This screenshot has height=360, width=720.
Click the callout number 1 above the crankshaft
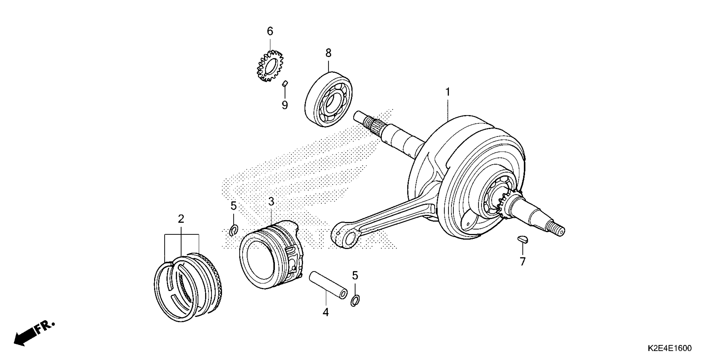pyautogui.click(x=448, y=92)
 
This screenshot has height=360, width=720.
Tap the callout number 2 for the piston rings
pyautogui.click(x=181, y=219)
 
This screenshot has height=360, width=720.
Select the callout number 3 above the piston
pyautogui.click(x=271, y=202)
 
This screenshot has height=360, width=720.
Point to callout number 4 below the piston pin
pyautogui.click(x=326, y=312)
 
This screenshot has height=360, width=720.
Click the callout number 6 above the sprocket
pyautogui.click(x=270, y=31)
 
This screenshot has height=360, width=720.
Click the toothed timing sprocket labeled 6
pyautogui.click(x=270, y=66)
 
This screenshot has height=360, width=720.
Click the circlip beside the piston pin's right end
pyautogui.click(x=355, y=300)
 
